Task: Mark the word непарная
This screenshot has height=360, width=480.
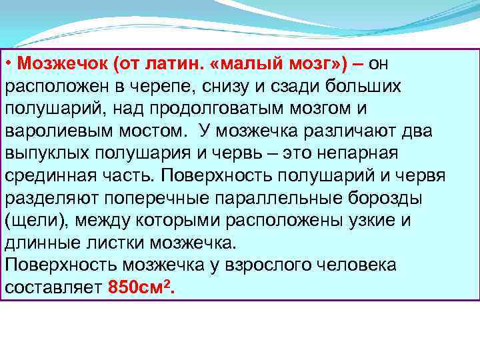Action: (x=360, y=153)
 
